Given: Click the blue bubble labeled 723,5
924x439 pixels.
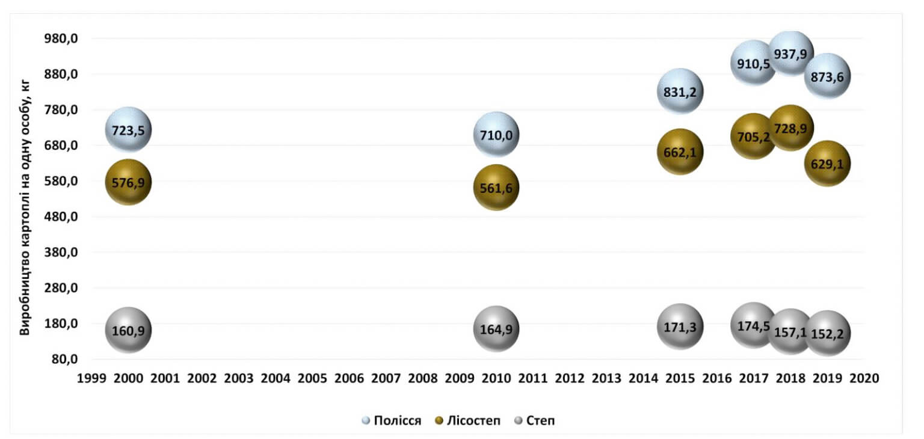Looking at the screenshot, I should (128, 130).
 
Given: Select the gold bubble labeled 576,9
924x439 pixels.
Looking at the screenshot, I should (128, 182).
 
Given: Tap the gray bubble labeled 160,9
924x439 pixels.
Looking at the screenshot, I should (128, 330).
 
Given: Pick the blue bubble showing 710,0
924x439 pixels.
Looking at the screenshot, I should (496, 135).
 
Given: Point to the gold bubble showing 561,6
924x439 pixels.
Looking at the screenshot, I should (496, 188).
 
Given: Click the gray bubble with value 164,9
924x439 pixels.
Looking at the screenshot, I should (496, 328).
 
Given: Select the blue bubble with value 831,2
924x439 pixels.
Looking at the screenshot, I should (680, 91).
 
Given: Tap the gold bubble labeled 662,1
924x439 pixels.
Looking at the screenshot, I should (680, 152).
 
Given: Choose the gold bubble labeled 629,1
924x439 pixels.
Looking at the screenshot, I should (828, 164).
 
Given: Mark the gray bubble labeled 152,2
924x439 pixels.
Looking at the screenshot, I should (828, 333).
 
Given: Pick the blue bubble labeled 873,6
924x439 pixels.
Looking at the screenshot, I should (828, 76).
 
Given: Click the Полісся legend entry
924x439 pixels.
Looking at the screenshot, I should (391, 420).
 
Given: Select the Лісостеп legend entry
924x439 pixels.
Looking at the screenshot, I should (467, 420).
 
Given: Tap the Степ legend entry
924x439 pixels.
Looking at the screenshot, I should (534, 420).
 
